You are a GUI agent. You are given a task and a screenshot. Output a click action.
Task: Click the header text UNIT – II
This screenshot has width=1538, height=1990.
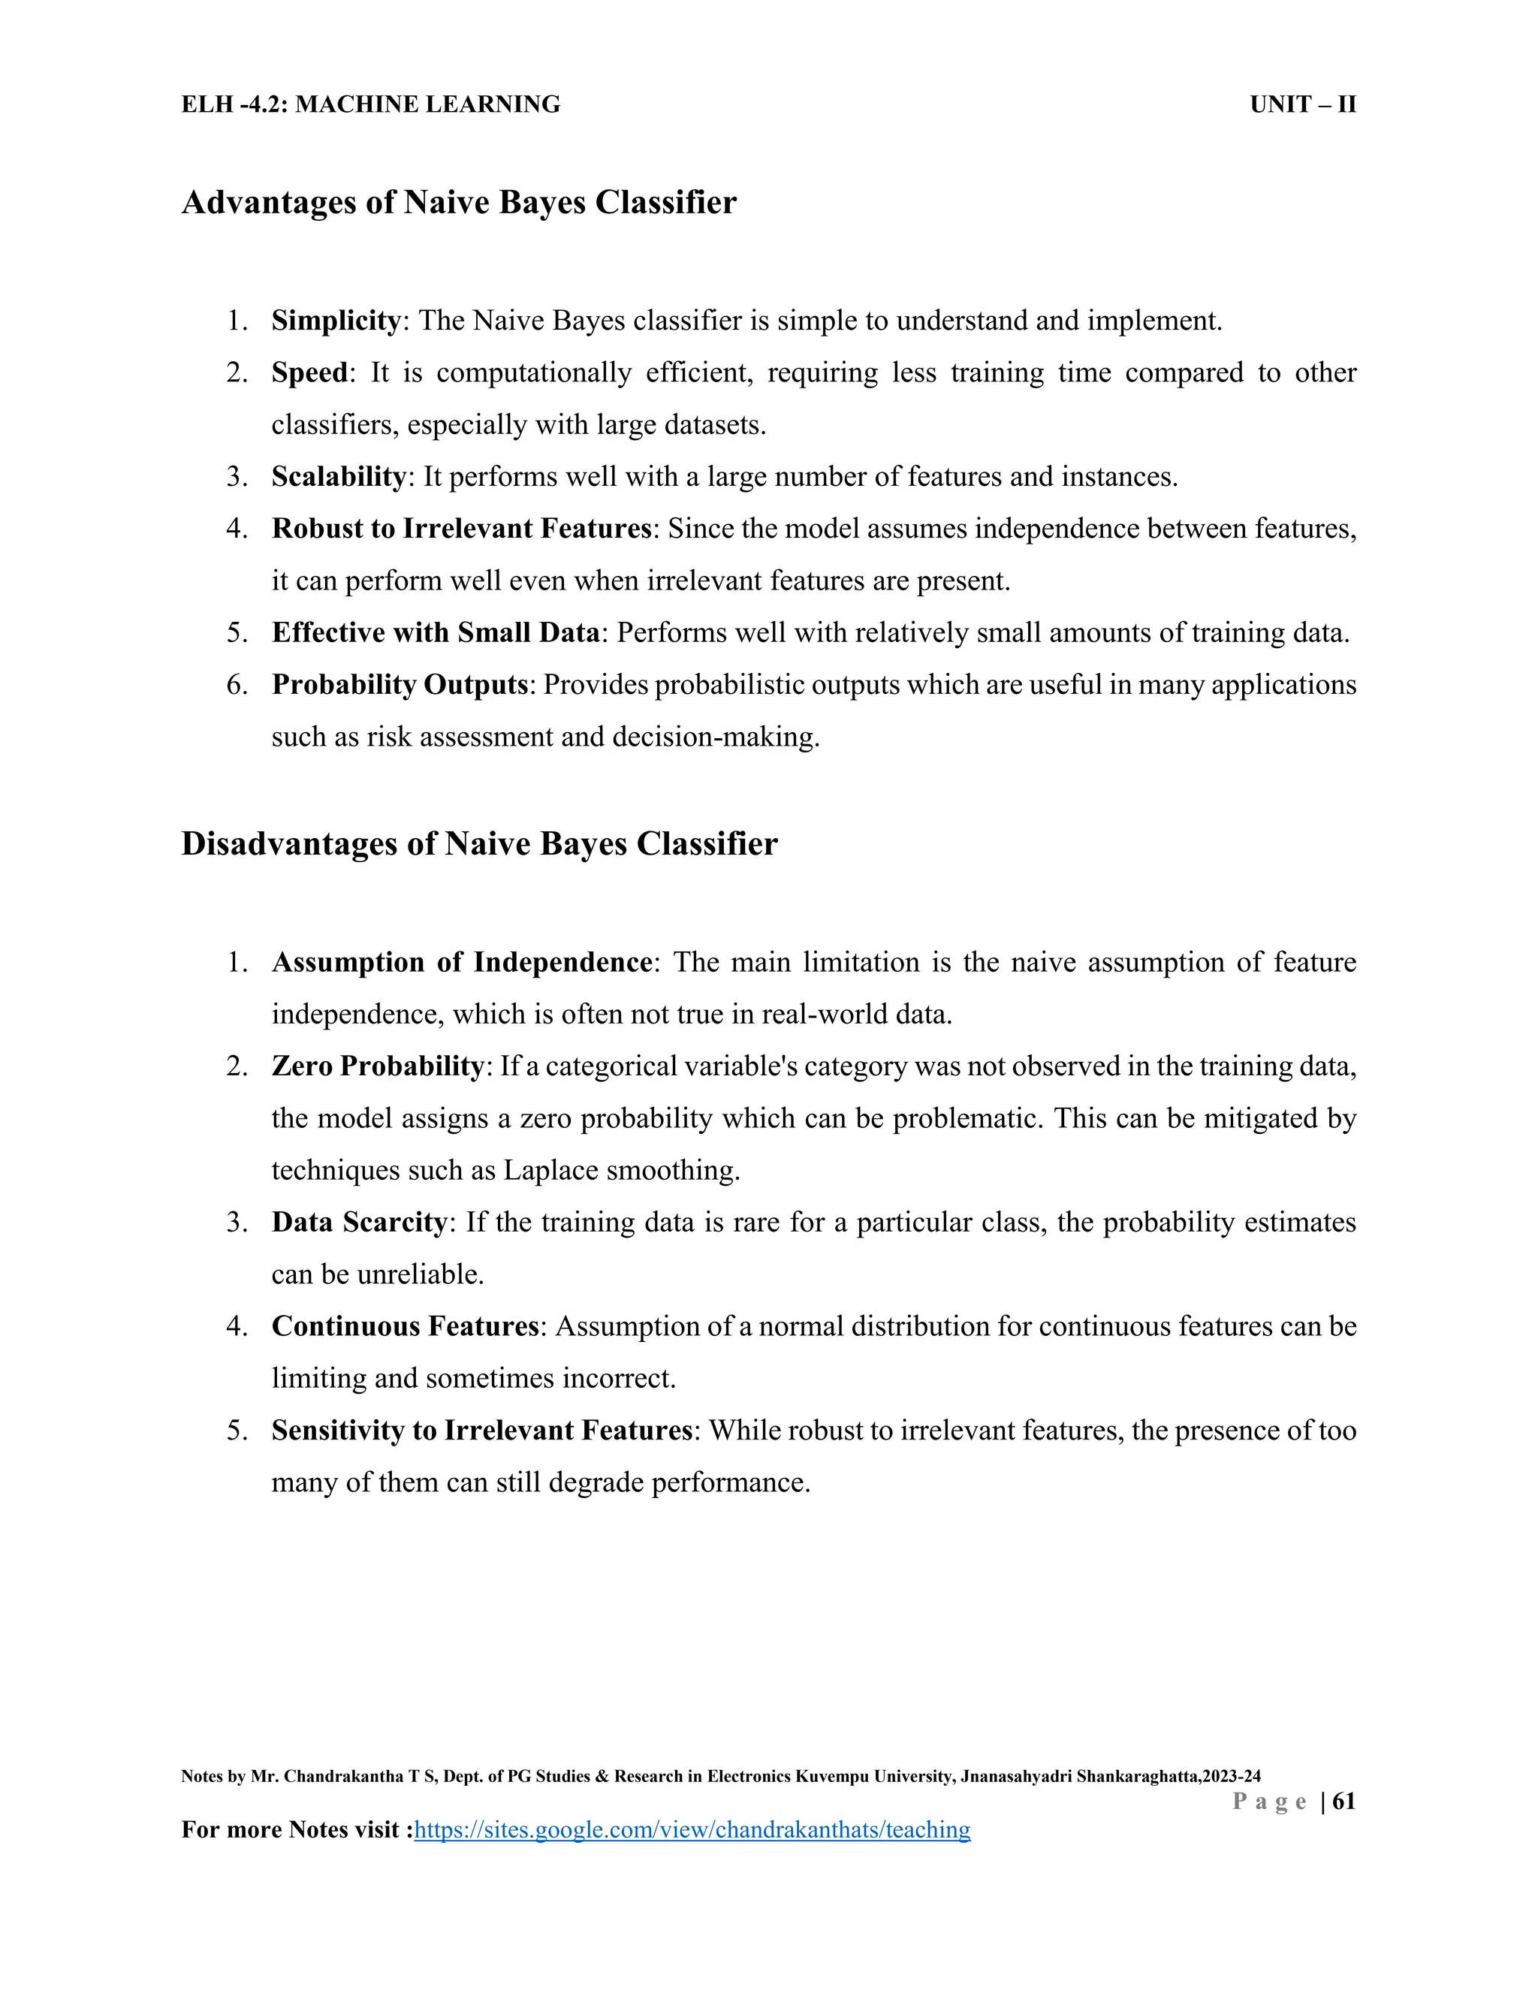tap(1302, 105)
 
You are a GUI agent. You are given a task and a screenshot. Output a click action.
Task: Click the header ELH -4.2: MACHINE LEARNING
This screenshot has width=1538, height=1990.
tap(371, 105)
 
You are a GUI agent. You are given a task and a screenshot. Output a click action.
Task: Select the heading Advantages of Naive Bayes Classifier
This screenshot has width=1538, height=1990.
tap(458, 202)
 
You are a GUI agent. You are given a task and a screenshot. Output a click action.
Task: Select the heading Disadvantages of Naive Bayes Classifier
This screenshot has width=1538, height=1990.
tap(479, 844)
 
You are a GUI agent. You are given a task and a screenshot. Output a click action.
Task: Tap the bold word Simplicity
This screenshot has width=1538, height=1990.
tap(335, 321)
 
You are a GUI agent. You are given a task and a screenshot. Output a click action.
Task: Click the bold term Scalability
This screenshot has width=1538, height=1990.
tap(338, 477)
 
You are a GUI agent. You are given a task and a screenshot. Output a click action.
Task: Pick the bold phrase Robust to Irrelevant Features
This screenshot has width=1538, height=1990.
tap(461, 529)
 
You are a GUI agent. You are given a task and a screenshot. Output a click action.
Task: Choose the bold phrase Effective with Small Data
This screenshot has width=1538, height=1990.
tap(436, 632)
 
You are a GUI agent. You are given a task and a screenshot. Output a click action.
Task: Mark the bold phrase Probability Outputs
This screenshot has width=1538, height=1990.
tap(399, 684)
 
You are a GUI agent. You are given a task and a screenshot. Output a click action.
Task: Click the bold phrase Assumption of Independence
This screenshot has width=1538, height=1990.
tap(461, 962)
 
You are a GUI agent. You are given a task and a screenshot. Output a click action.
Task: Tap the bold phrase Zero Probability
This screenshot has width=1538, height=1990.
tap(377, 1066)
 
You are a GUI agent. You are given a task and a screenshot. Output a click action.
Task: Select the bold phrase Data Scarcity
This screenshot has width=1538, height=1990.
tap(359, 1222)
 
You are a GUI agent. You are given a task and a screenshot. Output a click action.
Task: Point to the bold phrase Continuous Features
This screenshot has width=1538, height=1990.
tap(406, 1325)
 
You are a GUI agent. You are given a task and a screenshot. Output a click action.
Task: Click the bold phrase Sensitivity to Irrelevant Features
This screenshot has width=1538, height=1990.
tap(482, 1430)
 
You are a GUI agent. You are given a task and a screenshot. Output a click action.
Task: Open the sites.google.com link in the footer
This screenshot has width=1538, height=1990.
tap(692, 1829)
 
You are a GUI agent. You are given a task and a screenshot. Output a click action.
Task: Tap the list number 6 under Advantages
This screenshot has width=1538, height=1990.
tap(237, 684)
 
